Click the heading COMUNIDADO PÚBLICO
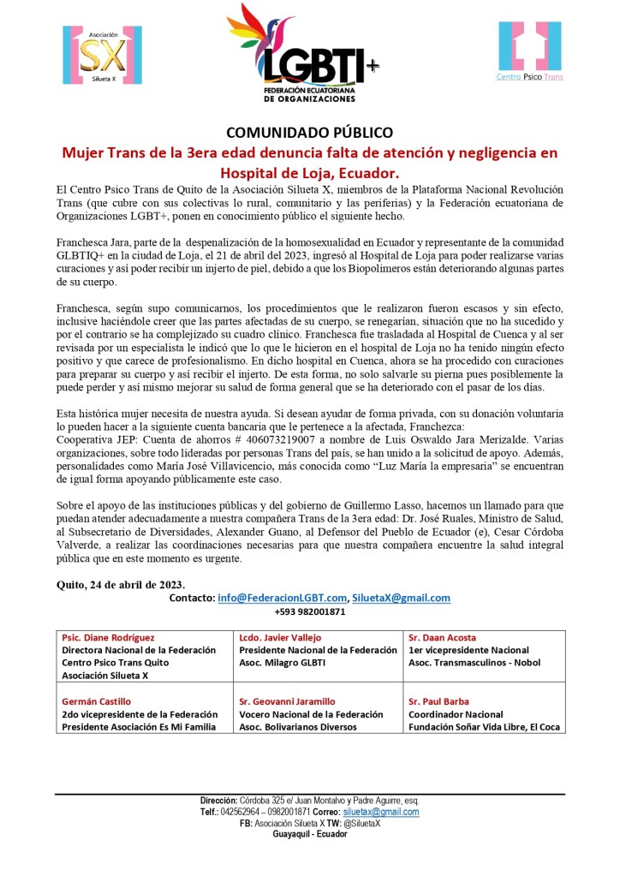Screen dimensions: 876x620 309,133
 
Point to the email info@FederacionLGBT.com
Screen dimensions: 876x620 283,598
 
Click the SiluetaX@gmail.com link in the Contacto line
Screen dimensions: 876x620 402,598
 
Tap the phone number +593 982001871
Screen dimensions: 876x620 309,611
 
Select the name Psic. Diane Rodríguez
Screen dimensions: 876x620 109,638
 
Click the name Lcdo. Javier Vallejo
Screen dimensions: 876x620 282,638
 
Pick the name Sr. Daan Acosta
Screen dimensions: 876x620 444,638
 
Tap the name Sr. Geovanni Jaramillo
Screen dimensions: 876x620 288,701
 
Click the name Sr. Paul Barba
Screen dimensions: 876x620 439,701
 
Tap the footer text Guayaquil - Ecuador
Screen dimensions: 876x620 309,834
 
